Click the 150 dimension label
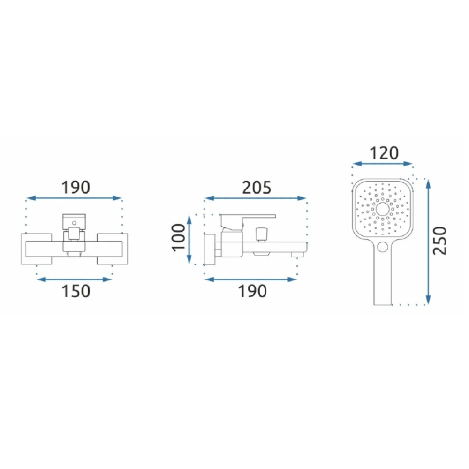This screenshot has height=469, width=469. pyautogui.click(x=76, y=291)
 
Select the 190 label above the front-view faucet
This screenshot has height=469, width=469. pyautogui.click(x=76, y=188)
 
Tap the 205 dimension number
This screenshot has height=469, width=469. pyautogui.click(x=257, y=188)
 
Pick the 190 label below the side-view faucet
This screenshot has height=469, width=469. pyautogui.click(x=252, y=291)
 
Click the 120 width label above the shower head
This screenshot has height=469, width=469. pyautogui.click(x=385, y=153)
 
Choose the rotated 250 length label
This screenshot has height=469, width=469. pyautogui.click(x=440, y=241)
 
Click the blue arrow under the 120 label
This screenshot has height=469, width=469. pyautogui.click(x=383, y=164)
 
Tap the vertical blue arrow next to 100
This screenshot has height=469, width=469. pyautogui.click(x=189, y=239)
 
